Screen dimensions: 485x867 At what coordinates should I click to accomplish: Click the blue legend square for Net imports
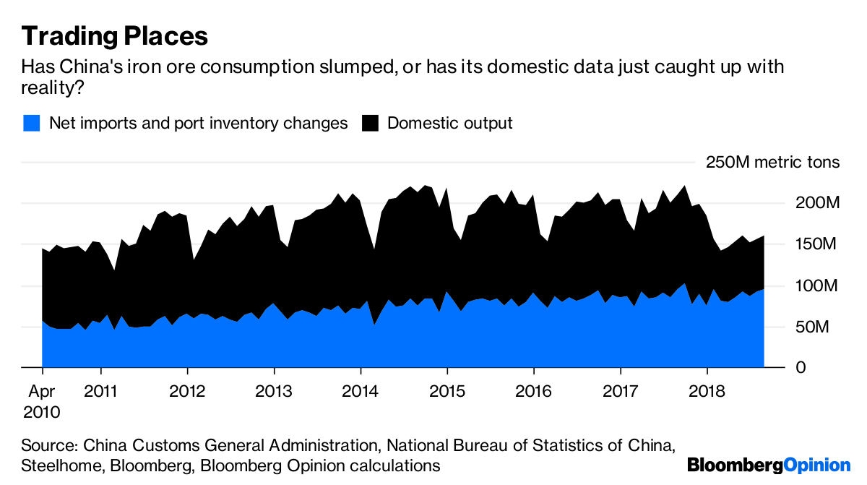[30, 123]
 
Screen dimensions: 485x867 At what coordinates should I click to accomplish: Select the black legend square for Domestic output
[370, 123]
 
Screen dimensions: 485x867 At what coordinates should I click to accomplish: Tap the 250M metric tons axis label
[772, 162]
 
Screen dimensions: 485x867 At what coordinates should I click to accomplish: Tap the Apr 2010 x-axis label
[42, 401]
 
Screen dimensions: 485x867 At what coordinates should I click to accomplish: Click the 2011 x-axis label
[101, 391]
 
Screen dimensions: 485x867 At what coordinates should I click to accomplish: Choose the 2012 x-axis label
[188, 391]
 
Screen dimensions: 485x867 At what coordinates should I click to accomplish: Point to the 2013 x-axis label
[275, 391]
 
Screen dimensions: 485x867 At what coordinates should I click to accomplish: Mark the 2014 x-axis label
[361, 391]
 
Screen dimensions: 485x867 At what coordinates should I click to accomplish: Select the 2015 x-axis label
[447, 391]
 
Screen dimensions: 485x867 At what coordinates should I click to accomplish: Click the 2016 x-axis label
[534, 391]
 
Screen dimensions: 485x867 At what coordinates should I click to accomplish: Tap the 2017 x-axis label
[621, 391]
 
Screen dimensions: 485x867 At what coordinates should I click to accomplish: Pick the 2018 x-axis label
[707, 391]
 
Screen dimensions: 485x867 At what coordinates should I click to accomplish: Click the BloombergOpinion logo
[769, 465]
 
